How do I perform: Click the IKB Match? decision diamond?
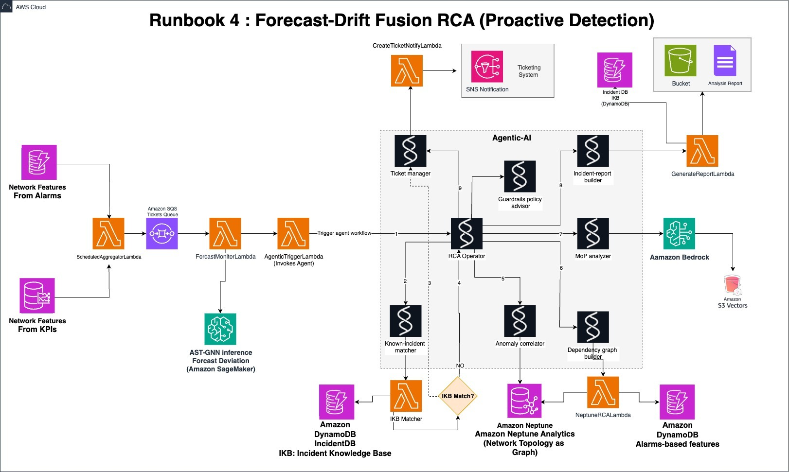(x=458, y=396)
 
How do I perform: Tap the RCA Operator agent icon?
(x=466, y=233)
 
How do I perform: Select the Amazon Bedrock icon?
(x=679, y=233)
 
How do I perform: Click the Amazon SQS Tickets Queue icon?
(x=162, y=233)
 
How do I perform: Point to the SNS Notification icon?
(x=487, y=67)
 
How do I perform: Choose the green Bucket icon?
(x=680, y=60)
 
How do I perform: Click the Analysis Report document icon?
(x=725, y=60)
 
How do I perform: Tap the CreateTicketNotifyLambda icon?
(x=407, y=71)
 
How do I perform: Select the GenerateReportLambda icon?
(x=702, y=151)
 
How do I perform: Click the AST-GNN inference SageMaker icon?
(x=220, y=329)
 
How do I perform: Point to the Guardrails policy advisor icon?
(x=520, y=176)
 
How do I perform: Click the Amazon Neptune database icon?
(x=524, y=401)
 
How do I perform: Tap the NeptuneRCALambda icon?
(x=603, y=392)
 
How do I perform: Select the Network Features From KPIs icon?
(x=37, y=296)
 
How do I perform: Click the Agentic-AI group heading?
(x=511, y=138)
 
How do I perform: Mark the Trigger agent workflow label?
(x=344, y=233)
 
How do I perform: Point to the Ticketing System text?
(x=529, y=71)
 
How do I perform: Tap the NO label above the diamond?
(x=460, y=366)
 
